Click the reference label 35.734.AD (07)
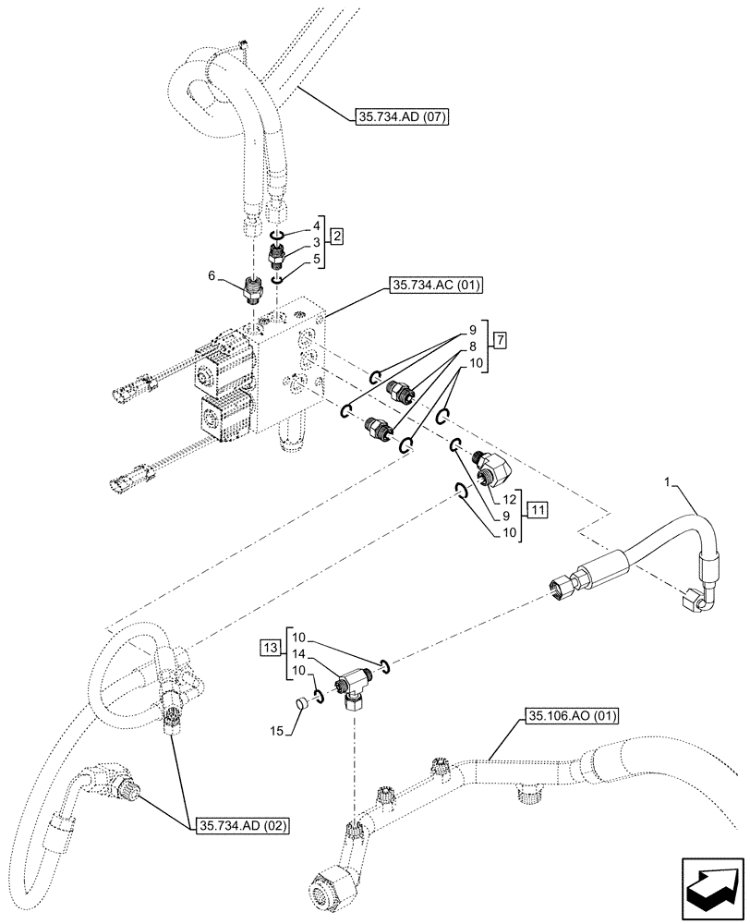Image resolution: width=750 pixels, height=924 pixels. (400, 117)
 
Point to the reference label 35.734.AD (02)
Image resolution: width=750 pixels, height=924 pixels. (238, 825)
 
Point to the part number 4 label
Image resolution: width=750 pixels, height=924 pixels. (316, 224)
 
